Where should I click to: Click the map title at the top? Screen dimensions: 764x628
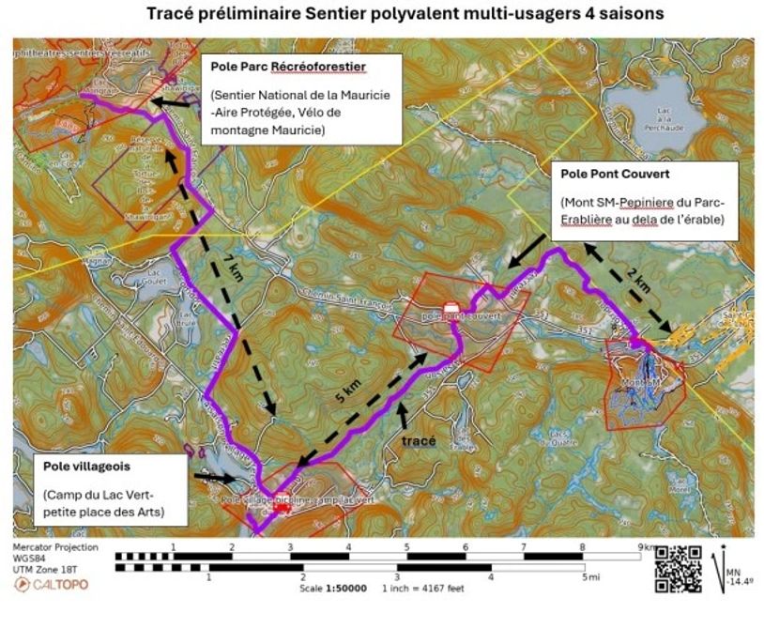405,14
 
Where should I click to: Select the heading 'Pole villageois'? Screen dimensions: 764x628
86,466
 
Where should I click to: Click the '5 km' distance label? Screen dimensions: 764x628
347,395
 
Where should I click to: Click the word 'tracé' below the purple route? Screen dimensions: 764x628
418,439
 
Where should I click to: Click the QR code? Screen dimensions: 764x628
678,569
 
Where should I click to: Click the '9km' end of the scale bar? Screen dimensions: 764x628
646,546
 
